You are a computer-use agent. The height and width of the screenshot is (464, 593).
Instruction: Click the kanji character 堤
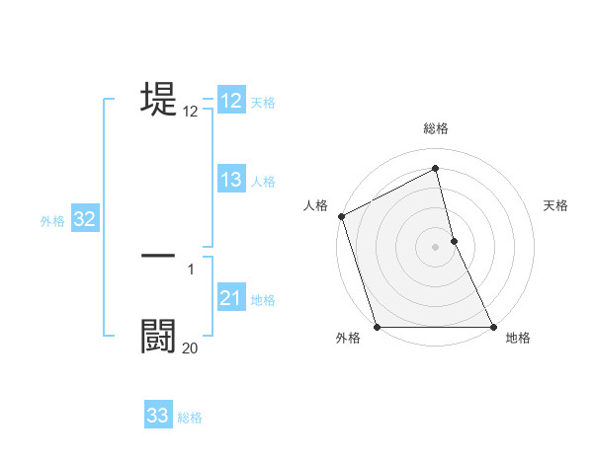click(159, 100)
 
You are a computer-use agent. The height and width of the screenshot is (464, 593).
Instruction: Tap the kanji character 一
click(159, 256)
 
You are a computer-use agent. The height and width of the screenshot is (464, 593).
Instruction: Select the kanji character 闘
click(159, 335)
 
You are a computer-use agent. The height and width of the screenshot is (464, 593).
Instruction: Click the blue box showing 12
click(231, 101)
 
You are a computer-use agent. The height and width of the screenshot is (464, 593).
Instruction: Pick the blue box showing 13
click(231, 180)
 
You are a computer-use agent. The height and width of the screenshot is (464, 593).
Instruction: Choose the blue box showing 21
click(231, 298)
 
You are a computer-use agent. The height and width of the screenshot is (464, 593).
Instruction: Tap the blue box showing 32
click(84, 219)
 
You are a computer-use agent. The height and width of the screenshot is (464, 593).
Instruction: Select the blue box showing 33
click(158, 416)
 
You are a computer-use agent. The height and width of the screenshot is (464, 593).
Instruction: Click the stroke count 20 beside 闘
click(190, 348)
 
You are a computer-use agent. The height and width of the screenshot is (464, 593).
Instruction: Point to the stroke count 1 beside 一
click(190, 269)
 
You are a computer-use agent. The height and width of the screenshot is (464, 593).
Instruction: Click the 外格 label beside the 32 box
click(52, 221)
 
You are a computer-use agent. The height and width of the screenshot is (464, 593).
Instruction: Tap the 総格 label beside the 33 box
click(190, 418)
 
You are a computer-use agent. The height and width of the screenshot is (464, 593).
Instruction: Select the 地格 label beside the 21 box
click(263, 300)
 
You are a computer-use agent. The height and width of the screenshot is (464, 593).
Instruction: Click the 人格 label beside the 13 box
click(263, 182)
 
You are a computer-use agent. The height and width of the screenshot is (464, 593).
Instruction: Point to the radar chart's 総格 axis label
click(436, 128)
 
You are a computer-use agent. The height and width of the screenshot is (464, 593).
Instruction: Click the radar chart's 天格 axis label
click(556, 205)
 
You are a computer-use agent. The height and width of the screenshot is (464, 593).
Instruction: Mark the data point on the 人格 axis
click(341, 216)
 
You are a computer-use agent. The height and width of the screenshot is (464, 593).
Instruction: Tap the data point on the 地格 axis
click(493, 327)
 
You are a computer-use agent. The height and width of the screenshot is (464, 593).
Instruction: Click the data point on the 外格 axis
click(377, 327)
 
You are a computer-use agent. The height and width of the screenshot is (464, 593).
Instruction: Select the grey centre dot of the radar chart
click(436, 247)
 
